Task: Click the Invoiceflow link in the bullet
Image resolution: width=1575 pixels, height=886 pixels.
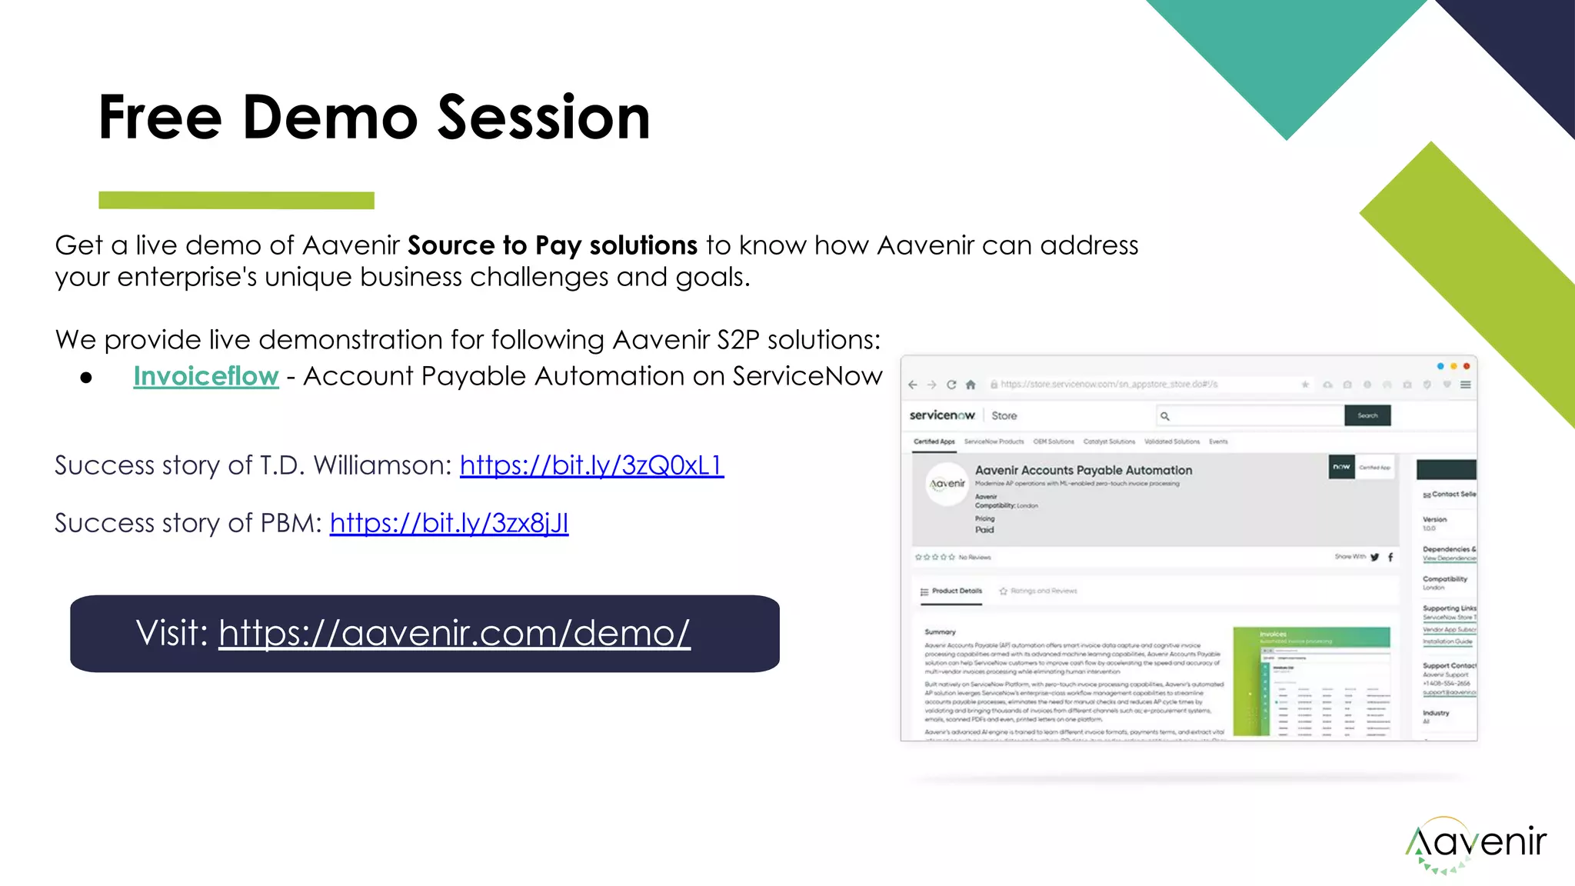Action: pos(205,376)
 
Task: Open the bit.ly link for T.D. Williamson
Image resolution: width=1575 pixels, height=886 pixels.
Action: pos(591,465)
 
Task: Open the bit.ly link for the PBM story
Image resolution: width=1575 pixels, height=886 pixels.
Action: pos(449,523)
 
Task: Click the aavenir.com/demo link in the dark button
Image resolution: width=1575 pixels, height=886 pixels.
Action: pos(454,634)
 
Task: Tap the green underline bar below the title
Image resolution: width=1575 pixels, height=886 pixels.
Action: pos(236,200)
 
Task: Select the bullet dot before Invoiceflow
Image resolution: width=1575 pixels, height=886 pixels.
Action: pos(86,378)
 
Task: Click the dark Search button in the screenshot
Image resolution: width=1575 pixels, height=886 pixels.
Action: pos(1367,415)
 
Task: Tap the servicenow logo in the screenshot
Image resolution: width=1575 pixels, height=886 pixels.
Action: pos(941,415)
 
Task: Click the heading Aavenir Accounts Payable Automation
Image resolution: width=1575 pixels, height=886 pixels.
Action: pos(1083,470)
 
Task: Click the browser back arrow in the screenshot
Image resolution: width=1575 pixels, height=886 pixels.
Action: pos(913,385)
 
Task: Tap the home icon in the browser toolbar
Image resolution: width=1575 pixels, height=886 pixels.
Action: pos(971,385)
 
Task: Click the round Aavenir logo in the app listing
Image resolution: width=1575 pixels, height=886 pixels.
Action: pos(947,484)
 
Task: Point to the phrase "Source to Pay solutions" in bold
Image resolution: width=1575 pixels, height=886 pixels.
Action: pos(552,245)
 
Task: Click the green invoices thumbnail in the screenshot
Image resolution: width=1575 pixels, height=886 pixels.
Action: pos(1311,681)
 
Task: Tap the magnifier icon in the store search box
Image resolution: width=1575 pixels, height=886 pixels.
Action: pos(1165,416)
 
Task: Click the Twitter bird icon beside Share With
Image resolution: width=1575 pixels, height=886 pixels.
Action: pos(1374,557)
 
